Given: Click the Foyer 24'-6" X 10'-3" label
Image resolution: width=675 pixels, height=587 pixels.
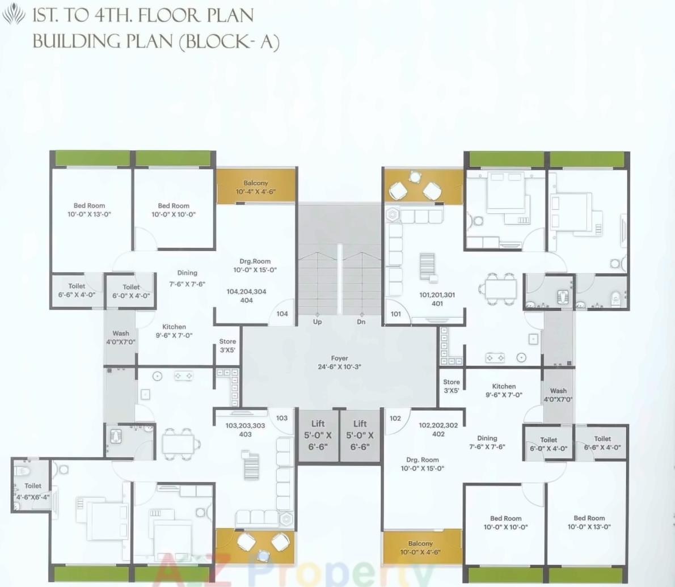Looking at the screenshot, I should point(339,362).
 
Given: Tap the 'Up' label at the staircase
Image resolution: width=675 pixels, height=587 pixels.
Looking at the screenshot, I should point(317,322).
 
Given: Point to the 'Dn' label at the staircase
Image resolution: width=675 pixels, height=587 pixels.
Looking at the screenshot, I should point(361,322).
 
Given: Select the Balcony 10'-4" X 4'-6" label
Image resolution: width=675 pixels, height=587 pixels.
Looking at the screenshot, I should point(255,187).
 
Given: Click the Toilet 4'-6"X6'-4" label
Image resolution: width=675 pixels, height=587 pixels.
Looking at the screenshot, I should point(32,491).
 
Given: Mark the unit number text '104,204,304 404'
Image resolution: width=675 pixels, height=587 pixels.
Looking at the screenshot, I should point(246,295).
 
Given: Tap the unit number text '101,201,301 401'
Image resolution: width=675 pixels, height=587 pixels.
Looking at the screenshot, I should point(437,299).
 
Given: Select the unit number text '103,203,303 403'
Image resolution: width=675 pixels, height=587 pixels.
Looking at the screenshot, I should point(245,430).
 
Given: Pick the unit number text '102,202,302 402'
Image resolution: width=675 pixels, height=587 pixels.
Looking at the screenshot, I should point(438,429).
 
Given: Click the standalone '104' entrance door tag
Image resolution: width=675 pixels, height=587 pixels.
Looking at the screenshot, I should point(282,314).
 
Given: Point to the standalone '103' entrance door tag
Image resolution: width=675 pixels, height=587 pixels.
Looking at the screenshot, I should point(282,418).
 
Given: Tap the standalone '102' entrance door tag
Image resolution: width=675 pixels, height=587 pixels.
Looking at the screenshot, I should point(395,419).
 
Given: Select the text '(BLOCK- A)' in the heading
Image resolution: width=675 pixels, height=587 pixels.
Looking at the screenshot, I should point(229,42).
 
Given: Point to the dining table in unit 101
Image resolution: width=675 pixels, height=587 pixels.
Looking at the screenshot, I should point(500,288).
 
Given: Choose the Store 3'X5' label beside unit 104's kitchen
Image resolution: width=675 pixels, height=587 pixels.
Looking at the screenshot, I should point(227,345).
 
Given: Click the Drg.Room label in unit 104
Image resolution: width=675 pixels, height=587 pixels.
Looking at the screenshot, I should point(255,265).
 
